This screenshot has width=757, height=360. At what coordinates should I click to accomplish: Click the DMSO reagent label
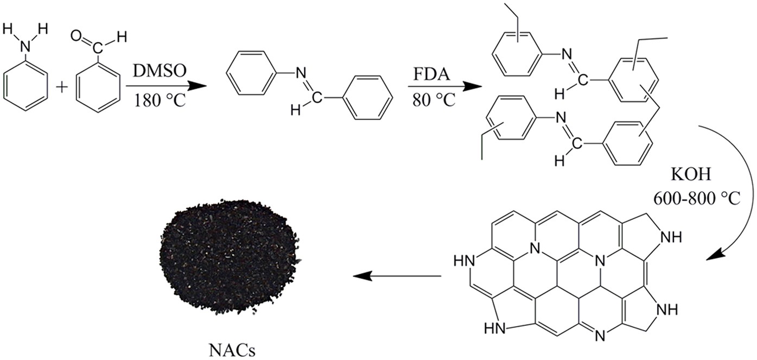point(158,72)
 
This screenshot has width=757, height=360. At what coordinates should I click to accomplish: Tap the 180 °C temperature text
point(158,101)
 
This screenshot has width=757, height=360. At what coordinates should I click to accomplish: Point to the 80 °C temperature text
point(432,101)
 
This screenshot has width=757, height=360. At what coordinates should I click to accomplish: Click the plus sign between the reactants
point(62,87)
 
